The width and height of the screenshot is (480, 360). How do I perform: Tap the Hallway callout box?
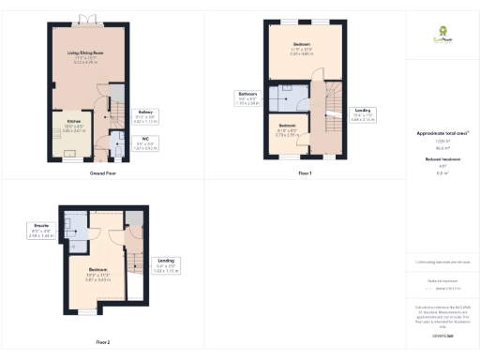pyautogui.click(x=147, y=117)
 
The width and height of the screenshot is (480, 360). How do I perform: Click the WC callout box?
pyautogui.click(x=147, y=144)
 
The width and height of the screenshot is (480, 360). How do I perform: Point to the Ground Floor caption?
pyautogui.click(x=102, y=174)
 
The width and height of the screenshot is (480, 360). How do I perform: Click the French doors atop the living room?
pyautogui.click(x=85, y=19)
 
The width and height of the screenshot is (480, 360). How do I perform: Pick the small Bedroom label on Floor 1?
pyautogui.click(x=288, y=128)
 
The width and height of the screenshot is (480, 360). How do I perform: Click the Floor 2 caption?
pyautogui.click(x=102, y=341)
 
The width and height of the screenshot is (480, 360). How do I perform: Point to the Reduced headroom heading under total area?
pyautogui.click(x=442, y=160)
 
